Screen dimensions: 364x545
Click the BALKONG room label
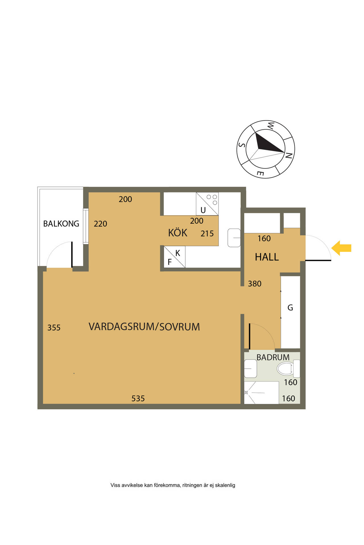[61, 224]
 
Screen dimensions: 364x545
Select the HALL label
[267, 257]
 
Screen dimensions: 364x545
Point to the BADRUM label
[273, 357]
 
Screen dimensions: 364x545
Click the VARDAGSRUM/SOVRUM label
[144, 327]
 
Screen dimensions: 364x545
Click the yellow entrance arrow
[341, 248]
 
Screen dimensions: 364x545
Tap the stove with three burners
[207, 204]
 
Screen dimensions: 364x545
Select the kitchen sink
[234, 238]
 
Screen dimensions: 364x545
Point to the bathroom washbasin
[251, 369]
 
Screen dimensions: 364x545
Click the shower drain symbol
[246, 393]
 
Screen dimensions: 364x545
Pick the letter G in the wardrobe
[290, 308]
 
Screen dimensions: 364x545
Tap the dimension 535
[138, 399]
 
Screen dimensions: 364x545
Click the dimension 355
[54, 328]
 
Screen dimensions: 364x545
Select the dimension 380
[255, 284]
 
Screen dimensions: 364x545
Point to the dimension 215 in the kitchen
[207, 234]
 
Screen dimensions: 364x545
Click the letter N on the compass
[289, 156]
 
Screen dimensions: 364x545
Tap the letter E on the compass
[260, 173]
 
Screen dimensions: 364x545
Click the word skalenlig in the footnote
[225, 485]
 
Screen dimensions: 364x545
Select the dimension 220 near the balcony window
[100, 224]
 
